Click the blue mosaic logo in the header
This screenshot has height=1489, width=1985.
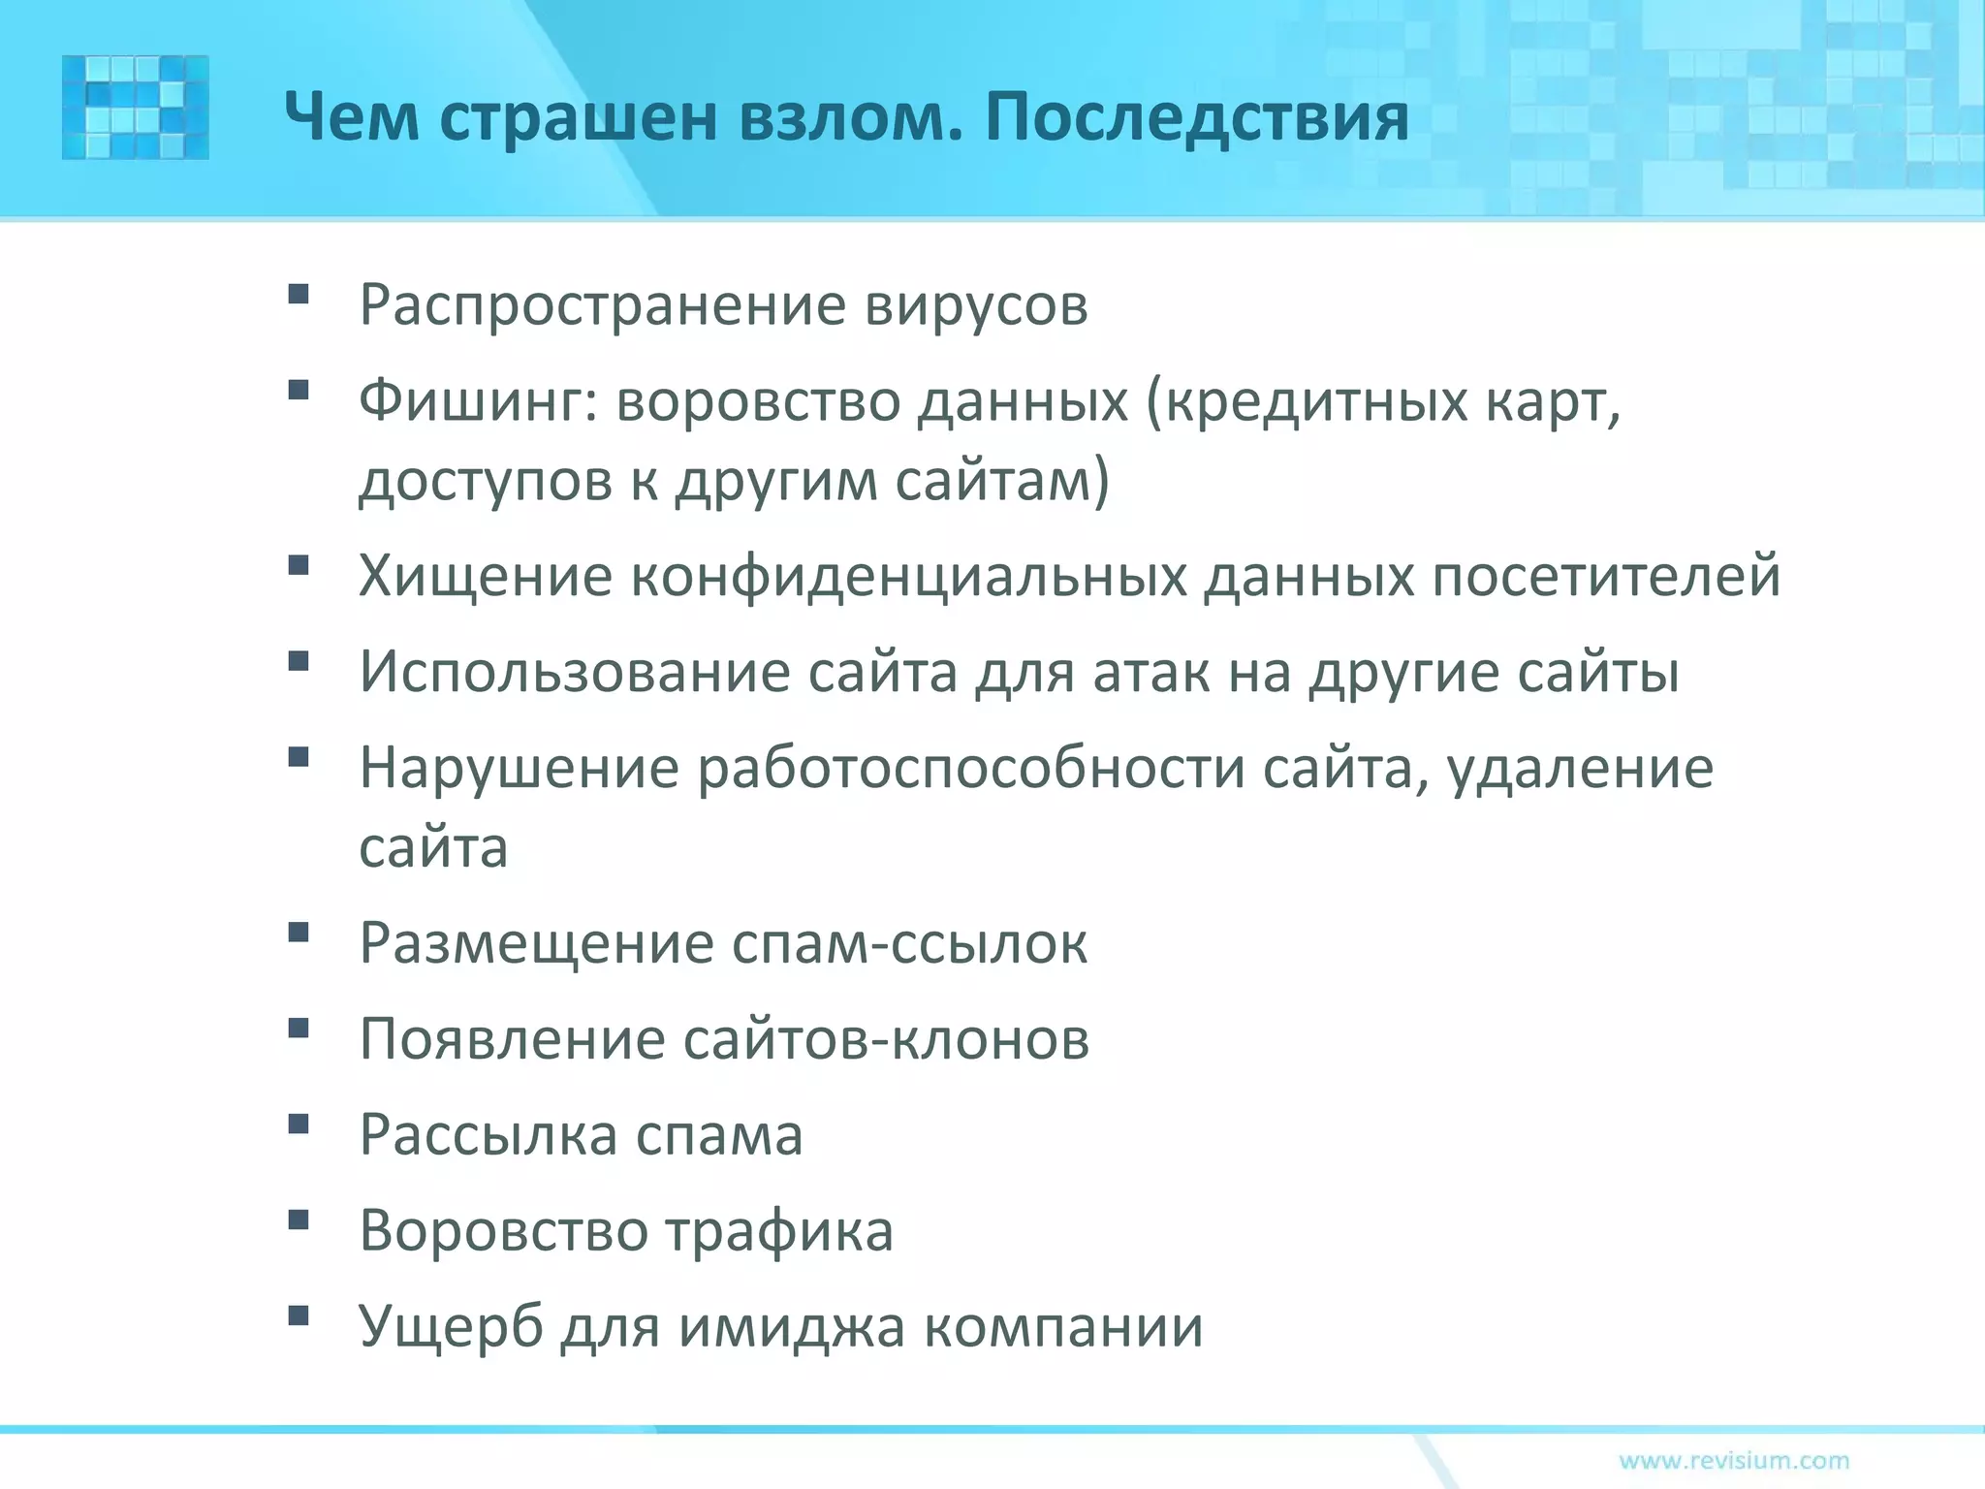click(x=135, y=107)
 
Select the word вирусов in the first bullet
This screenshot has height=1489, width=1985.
click(x=976, y=305)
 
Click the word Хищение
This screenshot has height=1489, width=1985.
click(x=486, y=576)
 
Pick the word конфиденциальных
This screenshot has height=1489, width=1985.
click(x=908, y=576)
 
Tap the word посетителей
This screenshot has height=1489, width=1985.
click(x=1606, y=576)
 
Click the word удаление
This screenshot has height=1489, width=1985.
click(x=1580, y=769)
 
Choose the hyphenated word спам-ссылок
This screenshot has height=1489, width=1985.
click(x=908, y=942)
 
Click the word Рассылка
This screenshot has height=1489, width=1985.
click(x=488, y=1135)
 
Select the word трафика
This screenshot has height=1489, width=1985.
click(x=778, y=1231)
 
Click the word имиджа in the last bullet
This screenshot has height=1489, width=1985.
click(x=790, y=1327)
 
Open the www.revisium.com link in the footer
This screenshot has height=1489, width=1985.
click(x=1734, y=1460)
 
